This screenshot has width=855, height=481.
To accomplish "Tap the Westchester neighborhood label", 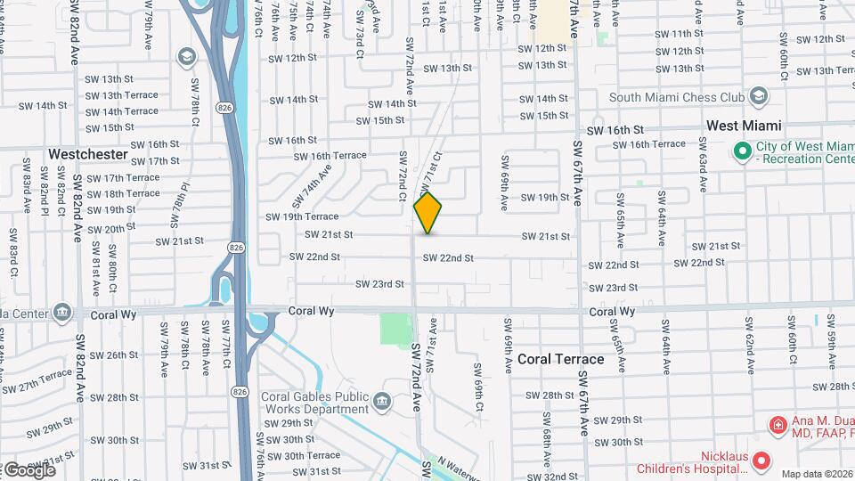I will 88,154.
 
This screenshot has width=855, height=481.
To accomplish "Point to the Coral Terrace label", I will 561,360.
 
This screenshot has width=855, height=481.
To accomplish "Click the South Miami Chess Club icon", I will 759,96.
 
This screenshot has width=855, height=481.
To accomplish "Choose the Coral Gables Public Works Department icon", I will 383,402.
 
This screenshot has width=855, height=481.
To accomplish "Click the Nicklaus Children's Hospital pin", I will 761,461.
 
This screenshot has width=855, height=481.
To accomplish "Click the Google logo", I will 28,469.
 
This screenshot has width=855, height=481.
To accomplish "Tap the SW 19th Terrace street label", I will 302,216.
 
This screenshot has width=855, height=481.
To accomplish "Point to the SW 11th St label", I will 679,34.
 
